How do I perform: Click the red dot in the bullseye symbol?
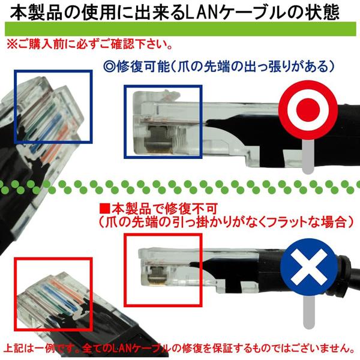[x=308, y=110]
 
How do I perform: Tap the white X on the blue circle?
[x=308, y=267]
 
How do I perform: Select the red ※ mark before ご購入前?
[x=12, y=44]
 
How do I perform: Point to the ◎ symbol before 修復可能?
[x=109, y=67]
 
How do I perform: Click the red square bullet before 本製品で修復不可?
[x=105, y=209]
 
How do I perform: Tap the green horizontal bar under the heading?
[x=181, y=29]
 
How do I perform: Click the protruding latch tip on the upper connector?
[x=169, y=95]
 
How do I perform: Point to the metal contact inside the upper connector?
[x=158, y=140]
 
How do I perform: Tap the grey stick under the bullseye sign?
[x=308, y=156]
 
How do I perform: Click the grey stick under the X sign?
[x=308, y=312]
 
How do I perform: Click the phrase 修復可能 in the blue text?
[x=143, y=67]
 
